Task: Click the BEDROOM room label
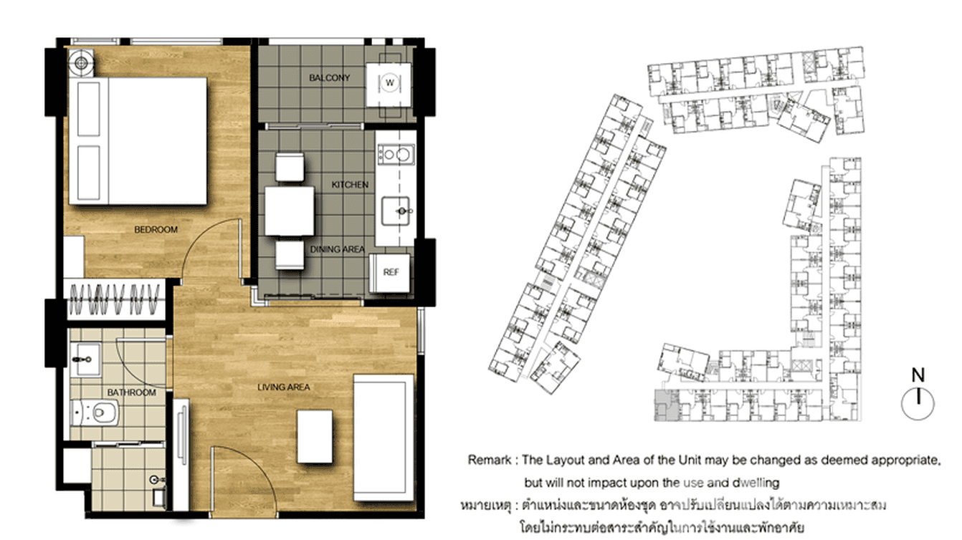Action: [156, 230]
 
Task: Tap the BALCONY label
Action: [330, 77]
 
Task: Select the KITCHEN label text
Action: [350, 185]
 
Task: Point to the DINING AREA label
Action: [337, 249]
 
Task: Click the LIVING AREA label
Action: [283, 387]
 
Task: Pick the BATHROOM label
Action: [131, 392]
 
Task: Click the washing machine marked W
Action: [390, 83]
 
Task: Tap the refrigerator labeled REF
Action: [391, 272]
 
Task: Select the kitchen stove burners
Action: [395, 153]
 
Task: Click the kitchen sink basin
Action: [397, 211]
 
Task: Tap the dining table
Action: [290, 211]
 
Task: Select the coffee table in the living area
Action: [315, 435]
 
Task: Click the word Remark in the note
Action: [490, 459]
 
